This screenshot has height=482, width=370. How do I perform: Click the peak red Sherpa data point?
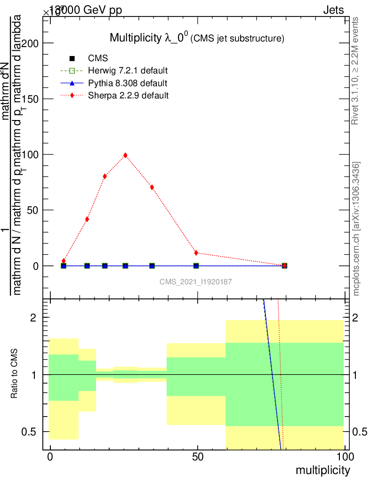pyautogui.click(x=125, y=155)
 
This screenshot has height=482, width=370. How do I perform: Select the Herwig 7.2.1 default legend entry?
pyautogui.click(x=128, y=71)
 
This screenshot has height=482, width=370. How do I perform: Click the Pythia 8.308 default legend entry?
pyautogui.click(x=127, y=83)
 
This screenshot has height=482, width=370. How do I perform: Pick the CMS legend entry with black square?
pyautogui.click(x=98, y=59)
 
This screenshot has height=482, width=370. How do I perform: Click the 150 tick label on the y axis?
pyautogui.click(x=32, y=99)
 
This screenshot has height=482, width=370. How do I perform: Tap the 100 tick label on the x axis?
pyautogui.click(x=345, y=457)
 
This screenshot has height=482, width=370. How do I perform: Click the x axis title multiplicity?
pyautogui.click(x=322, y=470)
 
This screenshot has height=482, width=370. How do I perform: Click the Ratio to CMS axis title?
pyautogui.click(x=15, y=373)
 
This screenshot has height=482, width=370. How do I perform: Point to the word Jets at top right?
pyautogui.click(x=333, y=10)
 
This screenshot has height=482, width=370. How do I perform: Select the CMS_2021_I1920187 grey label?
pyautogui.click(x=195, y=281)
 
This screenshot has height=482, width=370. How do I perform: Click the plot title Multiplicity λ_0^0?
pyautogui.click(x=197, y=38)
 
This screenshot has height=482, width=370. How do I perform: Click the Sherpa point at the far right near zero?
pyautogui.click(x=284, y=265)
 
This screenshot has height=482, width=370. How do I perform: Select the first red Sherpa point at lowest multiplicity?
pyautogui.click(x=64, y=261)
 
